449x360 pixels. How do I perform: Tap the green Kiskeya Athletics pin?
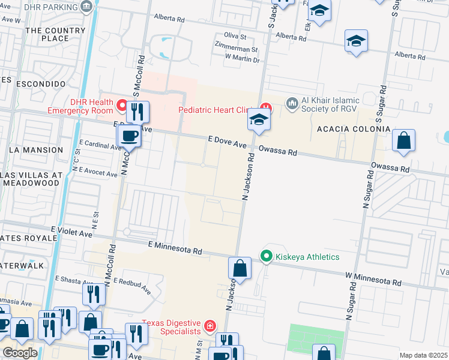pyautogui.click(x=266, y=256)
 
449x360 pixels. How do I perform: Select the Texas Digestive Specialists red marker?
pyautogui.click(x=210, y=326)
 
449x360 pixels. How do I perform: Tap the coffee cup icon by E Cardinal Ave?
pyautogui.click(x=130, y=137)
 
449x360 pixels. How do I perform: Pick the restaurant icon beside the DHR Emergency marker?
pyautogui.click(x=138, y=112)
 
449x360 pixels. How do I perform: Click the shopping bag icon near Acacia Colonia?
pyautogui.click(x=404, y=141)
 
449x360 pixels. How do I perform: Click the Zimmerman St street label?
pyautogui.click(x=237, y=50)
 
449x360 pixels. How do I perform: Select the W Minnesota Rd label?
pyautogui.click(x=373, y=279)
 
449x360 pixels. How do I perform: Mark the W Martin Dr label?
pyautogui.click(x=241, y=59)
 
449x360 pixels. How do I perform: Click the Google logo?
pyautogui.click(x=20, y=353)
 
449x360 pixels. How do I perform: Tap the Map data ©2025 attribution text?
pyautogui.click(x=423, y=355)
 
